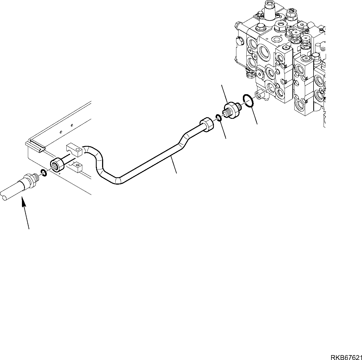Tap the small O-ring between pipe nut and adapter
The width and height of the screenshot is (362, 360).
point(218,117)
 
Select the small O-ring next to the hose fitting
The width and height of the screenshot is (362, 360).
point(43,172)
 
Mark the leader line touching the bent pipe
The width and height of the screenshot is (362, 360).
point(174,165)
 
